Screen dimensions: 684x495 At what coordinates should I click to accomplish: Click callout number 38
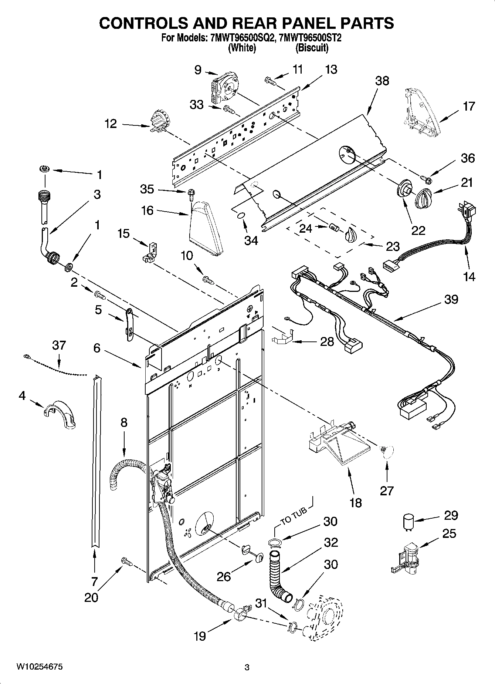(382, 81)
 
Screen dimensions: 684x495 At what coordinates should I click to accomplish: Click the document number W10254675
(39, 667)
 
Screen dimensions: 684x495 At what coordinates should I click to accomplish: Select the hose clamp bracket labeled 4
(60, 414)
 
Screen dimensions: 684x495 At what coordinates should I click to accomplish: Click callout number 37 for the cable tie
(59, 345)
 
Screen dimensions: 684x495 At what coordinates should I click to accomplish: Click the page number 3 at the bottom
(247, 667)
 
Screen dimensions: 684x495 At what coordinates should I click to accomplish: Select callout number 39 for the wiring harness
(451, 299)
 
